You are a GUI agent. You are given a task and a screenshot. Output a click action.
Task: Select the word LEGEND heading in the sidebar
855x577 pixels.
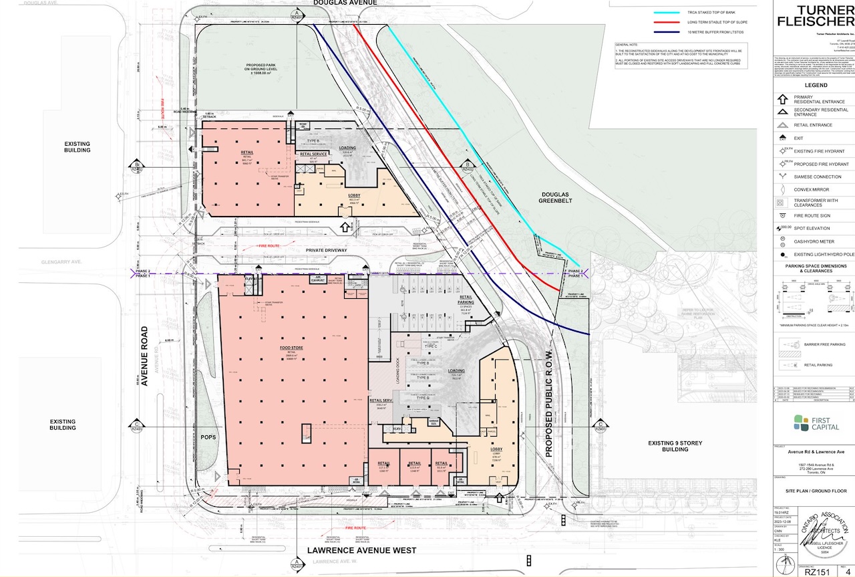click(816, 85)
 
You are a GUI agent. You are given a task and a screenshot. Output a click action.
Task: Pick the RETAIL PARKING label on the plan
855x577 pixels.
click(466, 301)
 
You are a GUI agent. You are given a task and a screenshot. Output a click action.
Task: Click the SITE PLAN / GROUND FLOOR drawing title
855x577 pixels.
click(816, 491)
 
